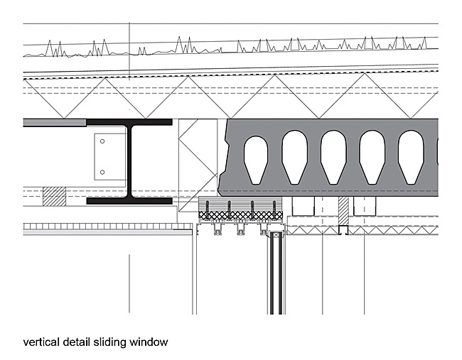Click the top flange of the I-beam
coord(129,122)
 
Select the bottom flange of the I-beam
coord(129,201)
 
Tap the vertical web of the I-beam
coord(129,162)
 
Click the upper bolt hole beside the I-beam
coord(102,141)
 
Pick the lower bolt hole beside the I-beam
coord(102,173)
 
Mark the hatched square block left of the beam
coord(54,197)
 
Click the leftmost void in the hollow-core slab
coord(256,160)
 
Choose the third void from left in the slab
coord(333,158)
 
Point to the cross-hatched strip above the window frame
coord(241,215)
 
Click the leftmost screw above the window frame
coord(207,210)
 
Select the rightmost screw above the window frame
coord(274,210)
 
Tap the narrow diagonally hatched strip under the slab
coord(343,211)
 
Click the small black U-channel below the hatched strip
coord(343,230)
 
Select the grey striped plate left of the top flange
coord(55,122)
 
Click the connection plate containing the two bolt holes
coord(110,157)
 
